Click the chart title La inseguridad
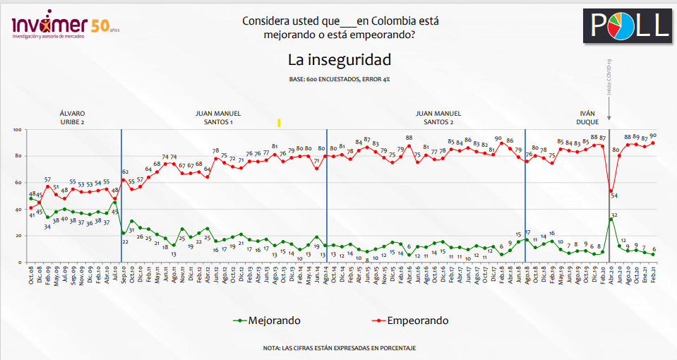pos(339,59)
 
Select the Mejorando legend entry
pos(267,320)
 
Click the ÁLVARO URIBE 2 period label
pos(73,117)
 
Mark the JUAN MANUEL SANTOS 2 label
pos(438,117)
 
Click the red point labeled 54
pos(611,191)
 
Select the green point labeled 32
pos(611,220)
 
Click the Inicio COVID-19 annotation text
pos(609,78)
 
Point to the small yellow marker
pos(280,123)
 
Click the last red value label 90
pos(653,136)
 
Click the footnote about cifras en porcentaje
pos(338,348)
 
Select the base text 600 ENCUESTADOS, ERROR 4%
pos(338,79)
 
